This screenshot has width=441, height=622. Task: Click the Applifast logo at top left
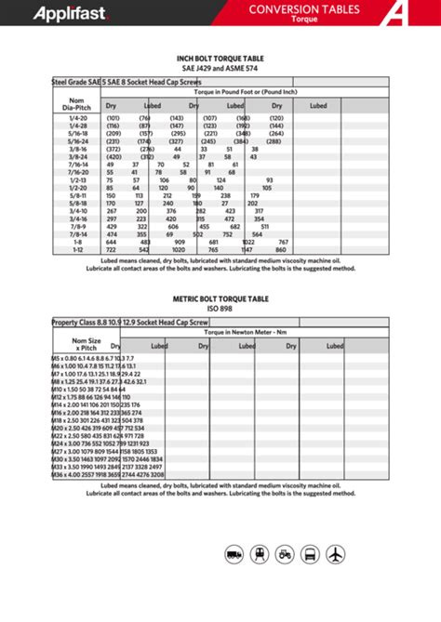click(x=57, y=13)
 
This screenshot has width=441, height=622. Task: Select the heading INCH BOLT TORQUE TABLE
click(x=220, y=58)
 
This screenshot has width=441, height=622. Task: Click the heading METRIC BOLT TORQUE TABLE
click(x=220, y=300)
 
